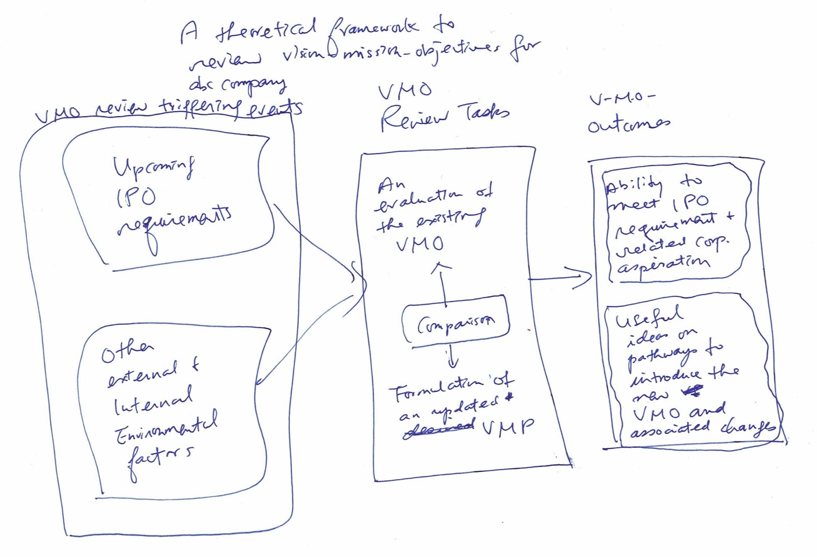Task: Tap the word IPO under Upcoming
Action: (136, 197)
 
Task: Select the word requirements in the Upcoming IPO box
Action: (174, 225)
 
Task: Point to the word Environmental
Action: (165, 426)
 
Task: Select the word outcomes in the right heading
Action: (628, 124)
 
